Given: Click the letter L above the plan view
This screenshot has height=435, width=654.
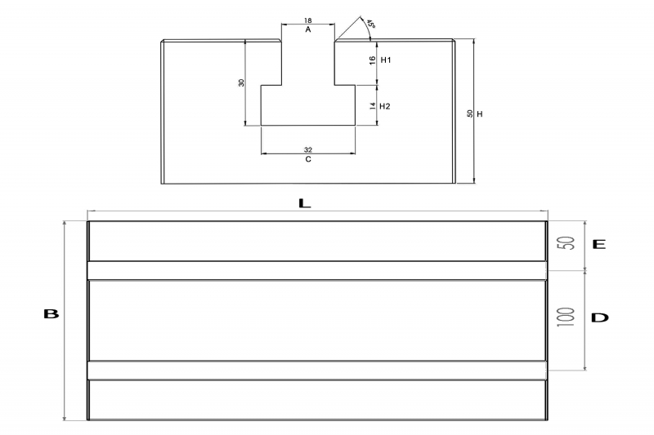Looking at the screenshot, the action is pyautogui.click(x=305, y=203).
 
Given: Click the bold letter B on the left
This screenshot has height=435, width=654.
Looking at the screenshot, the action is pyautogui.click(x=51, y=314).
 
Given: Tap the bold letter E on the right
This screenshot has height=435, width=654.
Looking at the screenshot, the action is pyautogui.click(x=599, y=244).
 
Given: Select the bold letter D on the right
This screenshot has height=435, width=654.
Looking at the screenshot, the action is pyautogui.click(x=600, y=318).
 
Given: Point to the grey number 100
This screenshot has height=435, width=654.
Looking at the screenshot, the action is pyautogui.click(x=566, y=317).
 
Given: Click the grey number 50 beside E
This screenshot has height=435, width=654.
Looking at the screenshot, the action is pyautogui.click(x=567, y=243).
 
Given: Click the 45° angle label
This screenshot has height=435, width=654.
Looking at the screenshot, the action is pyautogui.click(x=371, y=23).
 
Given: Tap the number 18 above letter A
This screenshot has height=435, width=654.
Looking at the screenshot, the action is pyautogui.click(x=308, y=20).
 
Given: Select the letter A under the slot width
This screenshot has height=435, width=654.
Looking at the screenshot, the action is pyautogui.click(x=308, y=29).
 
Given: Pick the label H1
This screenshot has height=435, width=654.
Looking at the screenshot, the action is pyautogui.click(x=386, y=60).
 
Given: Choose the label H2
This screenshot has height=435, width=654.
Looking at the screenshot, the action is pyautogui.click(x=384, y=107).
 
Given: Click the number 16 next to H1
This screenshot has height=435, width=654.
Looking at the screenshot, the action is pyautogui.click(x=373, y=60).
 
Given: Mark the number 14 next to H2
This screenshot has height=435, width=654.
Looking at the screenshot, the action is pyautogui.click(x=373, y=107).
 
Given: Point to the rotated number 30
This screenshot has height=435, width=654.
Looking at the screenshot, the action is pyautogui.click(x=241, y=82).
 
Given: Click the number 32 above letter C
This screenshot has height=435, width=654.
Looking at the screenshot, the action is pyautogui.click(x=308, y=150).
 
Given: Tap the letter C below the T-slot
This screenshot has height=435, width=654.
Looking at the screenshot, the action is pyautogui.click(x=308, y=159).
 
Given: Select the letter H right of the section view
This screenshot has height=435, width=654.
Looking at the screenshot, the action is pyautogui.click(x=480, y=114).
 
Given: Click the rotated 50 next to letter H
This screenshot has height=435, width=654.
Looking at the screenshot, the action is pyautogui.click(x=469, y=113).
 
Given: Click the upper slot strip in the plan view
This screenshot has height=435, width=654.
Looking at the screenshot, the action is pyautogui.click(x=317, y=271).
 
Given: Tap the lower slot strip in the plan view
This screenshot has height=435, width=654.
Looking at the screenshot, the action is pyautogui.click(x=317, y=371).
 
